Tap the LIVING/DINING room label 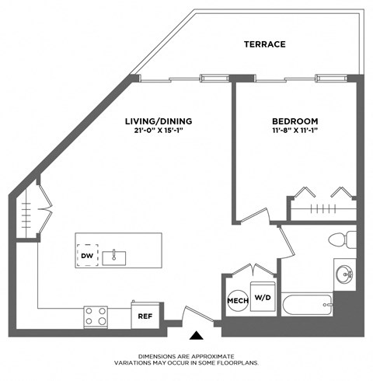tap(159, 121)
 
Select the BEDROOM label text tap(295, 121)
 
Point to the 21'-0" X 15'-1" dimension tap(159, 132)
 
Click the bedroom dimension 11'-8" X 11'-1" tap(295, 132)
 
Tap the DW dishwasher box tap(87, 256)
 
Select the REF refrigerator tap(145, 316)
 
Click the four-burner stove tap(96, 316)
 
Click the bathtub tap(309, 305)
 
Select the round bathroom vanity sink tap(345, 273)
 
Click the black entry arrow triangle tap(197, 336)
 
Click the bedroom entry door tap(254, 217)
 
